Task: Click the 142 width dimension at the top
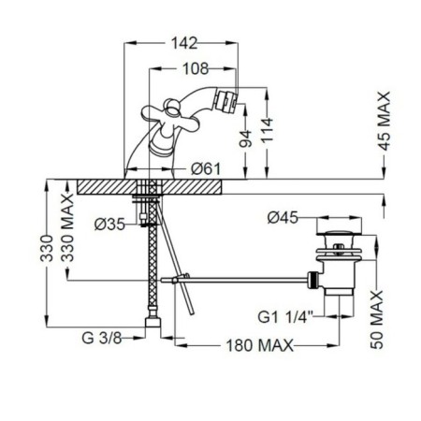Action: (x=184, y=43)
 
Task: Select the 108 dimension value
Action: (x=196, y=68)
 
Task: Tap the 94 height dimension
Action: (x=245, y=138)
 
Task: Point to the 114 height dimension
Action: (x=267, y=130)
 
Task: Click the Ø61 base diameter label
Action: (x=206, y=169)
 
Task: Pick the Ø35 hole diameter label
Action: (x=109, y=224)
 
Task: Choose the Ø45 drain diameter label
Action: (x=283, y=217)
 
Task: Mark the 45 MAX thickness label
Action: (x=385, y=121)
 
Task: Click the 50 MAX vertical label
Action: (x=377, y=320)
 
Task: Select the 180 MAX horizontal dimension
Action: (x=260, y=345)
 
